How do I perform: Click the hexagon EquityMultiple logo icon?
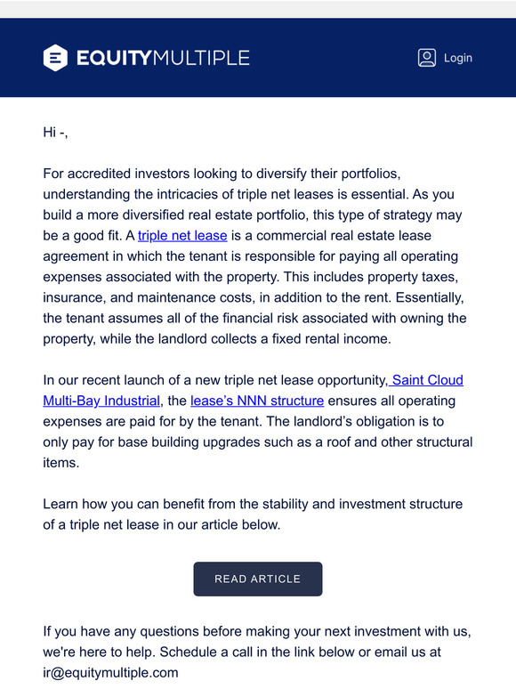tap(55, 58)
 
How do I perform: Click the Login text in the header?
tap(457, 58)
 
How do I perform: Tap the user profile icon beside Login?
tap(427, 58)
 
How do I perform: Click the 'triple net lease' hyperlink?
tap(182, 236)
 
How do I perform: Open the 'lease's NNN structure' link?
tap(257, 401)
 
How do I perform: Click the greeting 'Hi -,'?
tap(55, 133)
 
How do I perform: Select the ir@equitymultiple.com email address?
tap(110, 672)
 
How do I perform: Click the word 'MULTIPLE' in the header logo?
tap(201, 58)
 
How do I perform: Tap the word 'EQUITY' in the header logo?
tap(114, 58)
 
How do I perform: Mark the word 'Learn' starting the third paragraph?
tap(61, 504)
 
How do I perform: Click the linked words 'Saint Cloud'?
tap(427, 380)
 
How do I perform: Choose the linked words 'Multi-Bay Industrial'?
tap(101, 401)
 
